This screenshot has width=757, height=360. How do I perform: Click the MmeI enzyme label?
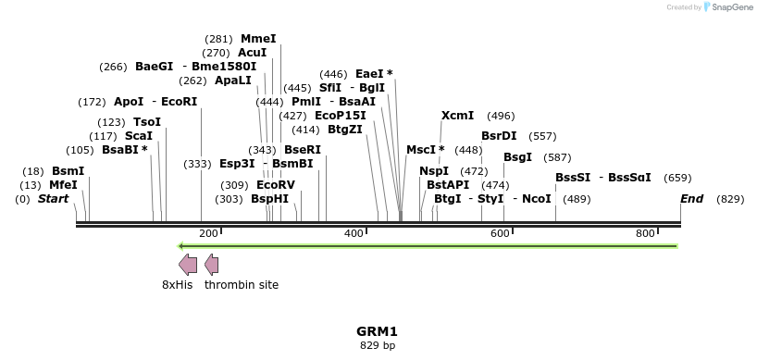(x=258, y=39)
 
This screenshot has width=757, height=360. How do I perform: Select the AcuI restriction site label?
(x=253, y=53)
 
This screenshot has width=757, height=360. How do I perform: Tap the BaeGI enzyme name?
(x=155, y=67)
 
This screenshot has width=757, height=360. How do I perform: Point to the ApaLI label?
(x=233, y=81)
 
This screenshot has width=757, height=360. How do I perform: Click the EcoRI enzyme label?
(x=180, y=102)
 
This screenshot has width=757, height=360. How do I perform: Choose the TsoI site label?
(x=147, y=122)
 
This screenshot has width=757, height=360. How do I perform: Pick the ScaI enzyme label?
(x=139, y=136)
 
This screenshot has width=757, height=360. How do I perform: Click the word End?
(x=691, y=199)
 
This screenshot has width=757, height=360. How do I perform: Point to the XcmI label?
(x=457, y=116)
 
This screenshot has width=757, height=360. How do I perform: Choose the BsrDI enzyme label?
(x=499, y=136)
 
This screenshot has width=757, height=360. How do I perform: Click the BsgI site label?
(x=517, y=157)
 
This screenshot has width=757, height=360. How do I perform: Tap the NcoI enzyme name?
(x=537, y=199)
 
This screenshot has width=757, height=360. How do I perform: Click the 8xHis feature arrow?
(x=188, y=265)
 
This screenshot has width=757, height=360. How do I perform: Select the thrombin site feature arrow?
(x=212, y=265)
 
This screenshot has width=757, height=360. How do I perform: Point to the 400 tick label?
(x=354, y=234)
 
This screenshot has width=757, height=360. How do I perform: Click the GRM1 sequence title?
(x=377, y=331)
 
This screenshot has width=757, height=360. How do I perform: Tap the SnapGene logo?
(x=729, y=7)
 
